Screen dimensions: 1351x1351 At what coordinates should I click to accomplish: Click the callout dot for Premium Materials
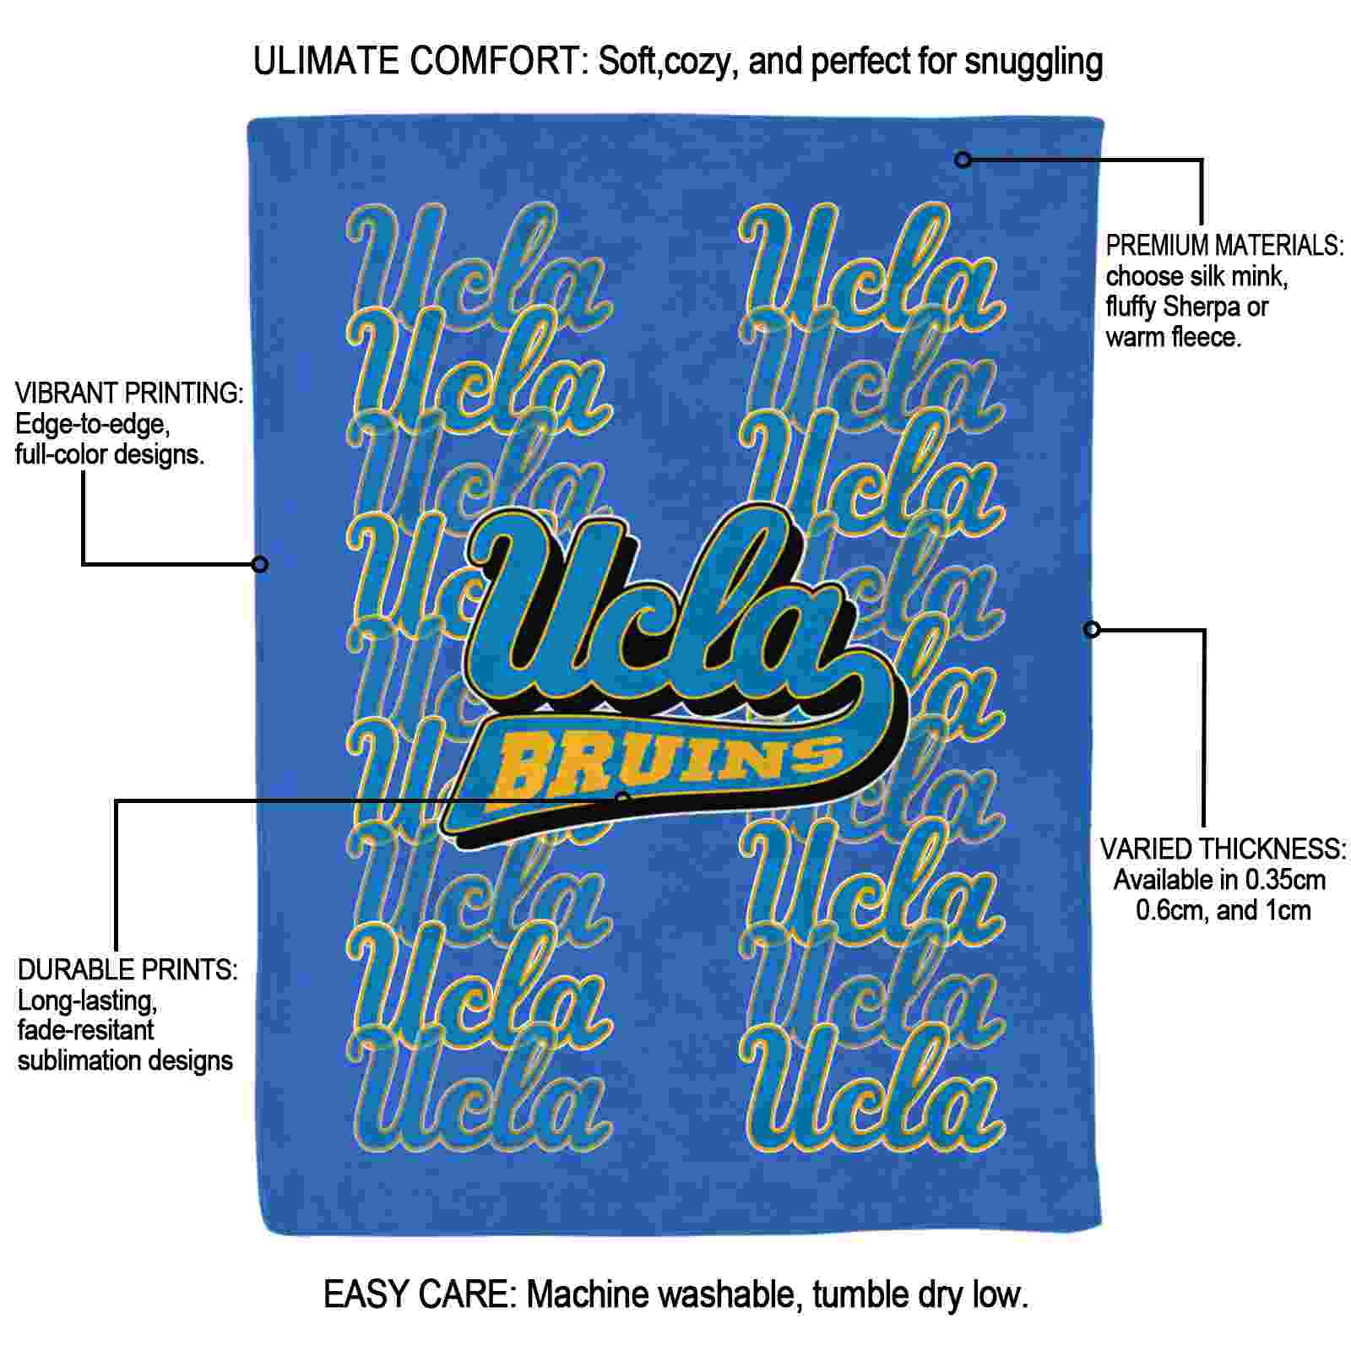963,160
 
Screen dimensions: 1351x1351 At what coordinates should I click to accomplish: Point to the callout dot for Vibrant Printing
260,564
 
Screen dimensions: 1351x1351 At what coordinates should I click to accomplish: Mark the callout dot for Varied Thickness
1092,629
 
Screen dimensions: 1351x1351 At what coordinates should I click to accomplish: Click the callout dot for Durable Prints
623,799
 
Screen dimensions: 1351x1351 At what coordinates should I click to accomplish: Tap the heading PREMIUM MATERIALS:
1224,246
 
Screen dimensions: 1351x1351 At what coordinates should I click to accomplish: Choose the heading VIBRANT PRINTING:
130,393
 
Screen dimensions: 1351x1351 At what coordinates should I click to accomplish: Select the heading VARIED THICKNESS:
1223,849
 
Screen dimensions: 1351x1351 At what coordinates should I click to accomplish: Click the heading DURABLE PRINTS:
128,969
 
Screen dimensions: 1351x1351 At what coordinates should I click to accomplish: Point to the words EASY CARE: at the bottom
420,1294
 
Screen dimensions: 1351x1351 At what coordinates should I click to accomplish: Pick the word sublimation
79,1061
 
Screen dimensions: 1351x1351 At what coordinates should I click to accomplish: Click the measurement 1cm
1287,911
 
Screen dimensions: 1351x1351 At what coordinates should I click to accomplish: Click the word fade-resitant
85,1030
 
